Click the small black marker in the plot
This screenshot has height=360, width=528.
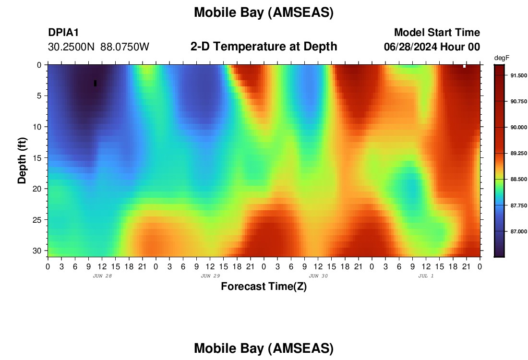click(x=96, y=83)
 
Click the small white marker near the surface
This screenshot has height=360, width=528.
click(x=464, y=66)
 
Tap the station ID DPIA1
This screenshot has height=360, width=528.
click(x=63, y=33)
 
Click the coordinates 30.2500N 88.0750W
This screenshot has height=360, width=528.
click(x=99, y=47)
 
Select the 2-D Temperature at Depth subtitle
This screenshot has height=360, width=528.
click(x=264, y=47)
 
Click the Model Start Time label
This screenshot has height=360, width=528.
click(x=437, y=32)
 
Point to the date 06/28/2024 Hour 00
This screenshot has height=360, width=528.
click(x=432, y=47)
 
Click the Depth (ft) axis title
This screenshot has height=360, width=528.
click(x=22, y=160)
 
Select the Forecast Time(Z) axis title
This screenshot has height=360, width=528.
click(x=264, y=287)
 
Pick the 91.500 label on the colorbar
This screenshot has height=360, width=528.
click(x=518, y=75)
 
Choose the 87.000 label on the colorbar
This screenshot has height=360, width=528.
click(x=518, y=232)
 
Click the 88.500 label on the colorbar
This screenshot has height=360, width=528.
click(x=518, y=180)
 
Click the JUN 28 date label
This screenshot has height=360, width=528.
click(x=102, y=276)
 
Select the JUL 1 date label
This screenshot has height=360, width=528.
click(x=426, y=276)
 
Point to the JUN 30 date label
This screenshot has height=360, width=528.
click(x=318, y=276)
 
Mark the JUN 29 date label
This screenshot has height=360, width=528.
click(x=210, y=276)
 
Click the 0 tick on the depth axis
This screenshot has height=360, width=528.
click(x=39, y=65)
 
